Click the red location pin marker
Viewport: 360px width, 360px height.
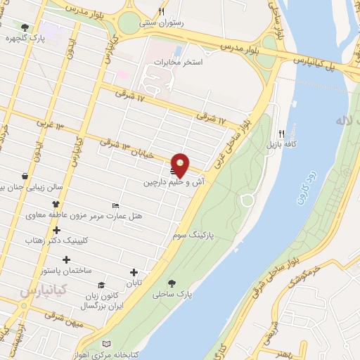(181, 164)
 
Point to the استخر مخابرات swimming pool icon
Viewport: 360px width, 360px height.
(178, 51)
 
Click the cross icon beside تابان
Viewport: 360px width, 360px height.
(134, 273)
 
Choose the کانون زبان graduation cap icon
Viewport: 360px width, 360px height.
(102, 285)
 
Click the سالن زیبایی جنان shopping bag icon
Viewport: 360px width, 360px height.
(25, 175)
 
